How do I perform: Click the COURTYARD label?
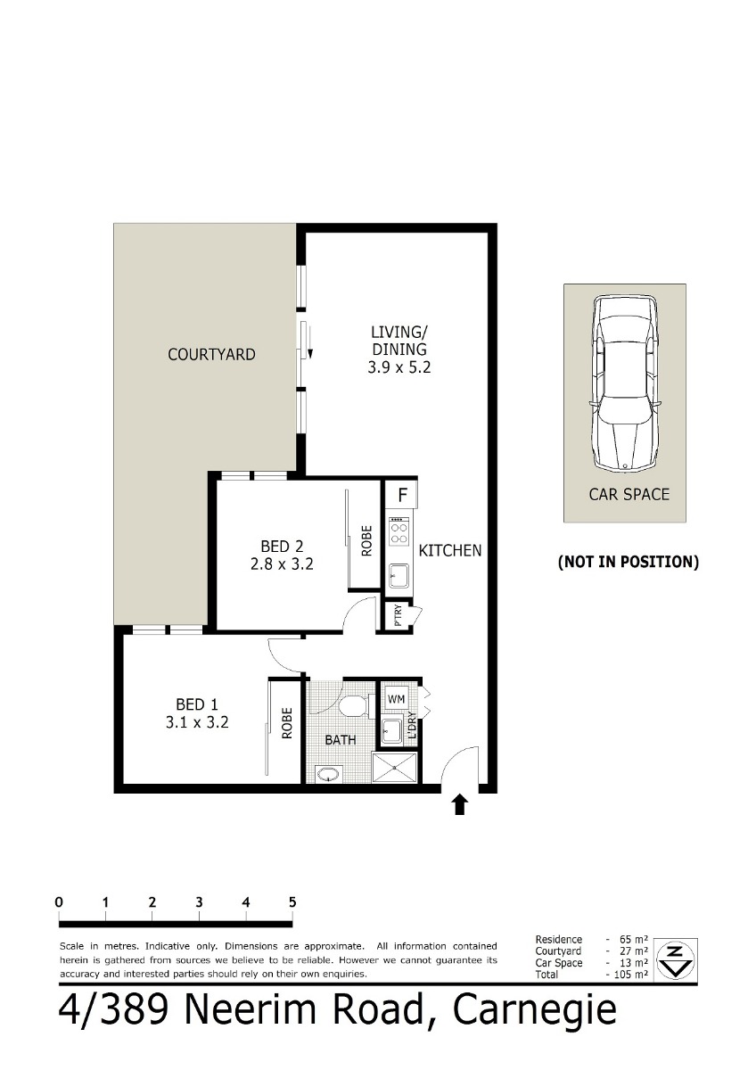click(211, 355)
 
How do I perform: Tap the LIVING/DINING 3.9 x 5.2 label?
click(399, 350)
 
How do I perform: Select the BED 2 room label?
click(282, 555)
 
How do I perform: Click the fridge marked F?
click(402, 495)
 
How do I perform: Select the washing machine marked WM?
click(396, 699)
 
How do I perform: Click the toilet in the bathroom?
click(356, 706)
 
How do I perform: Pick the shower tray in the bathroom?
click(394, 768)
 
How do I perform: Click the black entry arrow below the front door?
click(459, 804)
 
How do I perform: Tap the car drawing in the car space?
click(625, 383)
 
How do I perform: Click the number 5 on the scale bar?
click(292, 901)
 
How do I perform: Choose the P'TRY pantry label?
click(398, 616)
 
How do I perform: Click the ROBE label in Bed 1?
click(286, 723)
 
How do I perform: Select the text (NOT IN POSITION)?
click(628, 562)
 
